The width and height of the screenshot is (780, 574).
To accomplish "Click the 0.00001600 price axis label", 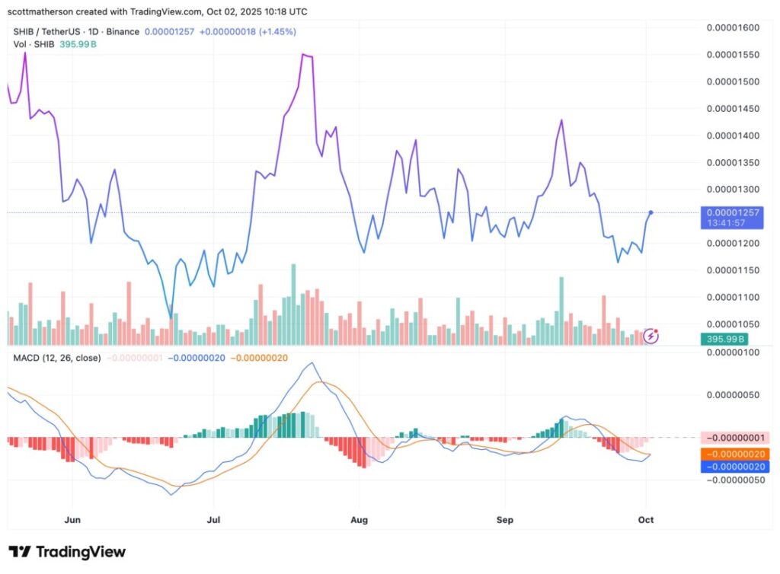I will [733, 28].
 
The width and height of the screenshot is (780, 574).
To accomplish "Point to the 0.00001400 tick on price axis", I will [733, 136].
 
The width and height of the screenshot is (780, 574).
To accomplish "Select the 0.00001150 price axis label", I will [733, 270].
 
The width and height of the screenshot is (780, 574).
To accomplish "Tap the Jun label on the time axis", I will [72, 520].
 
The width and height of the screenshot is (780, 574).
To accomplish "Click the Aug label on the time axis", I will [359, 520].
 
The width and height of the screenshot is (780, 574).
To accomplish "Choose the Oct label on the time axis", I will [646, 520].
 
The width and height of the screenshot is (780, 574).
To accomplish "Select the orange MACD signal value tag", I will [733, 454].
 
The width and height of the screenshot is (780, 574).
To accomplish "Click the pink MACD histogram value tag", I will [733, 438].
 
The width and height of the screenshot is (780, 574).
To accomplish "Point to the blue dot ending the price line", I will [651, 212].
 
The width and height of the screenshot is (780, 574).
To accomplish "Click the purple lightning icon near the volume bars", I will [652, 335].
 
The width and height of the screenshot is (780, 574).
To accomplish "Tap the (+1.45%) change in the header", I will [277, 31].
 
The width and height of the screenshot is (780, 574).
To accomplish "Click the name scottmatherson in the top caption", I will [44, 11].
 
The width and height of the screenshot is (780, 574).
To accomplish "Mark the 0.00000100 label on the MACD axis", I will [733, 352].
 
